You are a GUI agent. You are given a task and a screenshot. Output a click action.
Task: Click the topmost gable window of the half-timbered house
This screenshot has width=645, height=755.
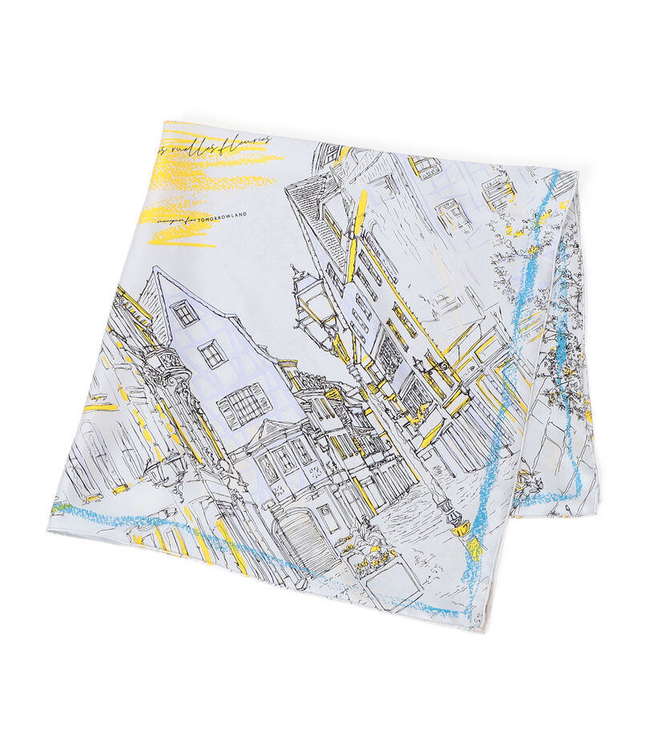pyautogui.click(x=184, y=312)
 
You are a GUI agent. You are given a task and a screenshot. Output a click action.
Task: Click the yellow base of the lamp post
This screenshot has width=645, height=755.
pyautogui.click(x=462, y=527)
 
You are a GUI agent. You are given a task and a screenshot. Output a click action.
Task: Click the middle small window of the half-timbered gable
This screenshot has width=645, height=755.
pyautogui.click(x=212, y=352)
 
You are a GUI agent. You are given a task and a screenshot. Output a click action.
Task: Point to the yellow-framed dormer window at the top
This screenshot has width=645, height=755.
pyautogui.click(x=425, y=166)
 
